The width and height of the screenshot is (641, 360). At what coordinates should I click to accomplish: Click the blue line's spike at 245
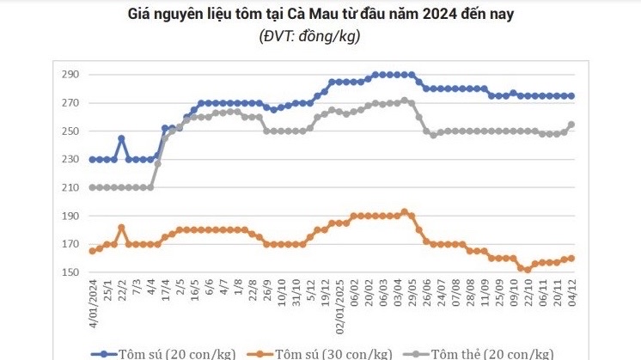pos(121,138)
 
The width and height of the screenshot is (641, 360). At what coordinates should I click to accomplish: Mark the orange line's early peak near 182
pos(121,227)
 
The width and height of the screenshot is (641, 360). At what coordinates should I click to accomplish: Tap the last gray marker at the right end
pos(571,125)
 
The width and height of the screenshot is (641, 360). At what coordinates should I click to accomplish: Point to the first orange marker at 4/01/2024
pos(92,251)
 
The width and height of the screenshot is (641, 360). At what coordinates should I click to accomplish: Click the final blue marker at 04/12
pos(571,96)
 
